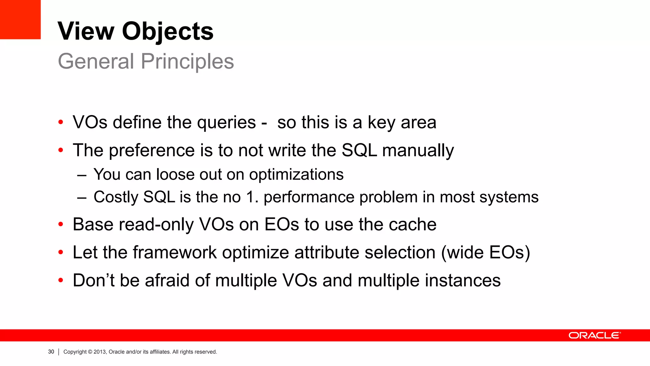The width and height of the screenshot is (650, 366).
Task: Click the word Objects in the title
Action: click(x=168, y=31)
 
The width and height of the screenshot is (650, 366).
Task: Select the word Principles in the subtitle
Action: click(x=187, y=61)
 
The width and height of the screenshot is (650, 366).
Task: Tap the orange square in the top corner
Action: click(x=20, y=19)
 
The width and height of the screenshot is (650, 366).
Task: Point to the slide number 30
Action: click(x=51, y=352)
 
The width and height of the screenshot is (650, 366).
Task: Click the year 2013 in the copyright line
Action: click(x=100, y=352)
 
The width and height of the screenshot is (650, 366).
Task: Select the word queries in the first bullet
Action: click(x=226, y=123)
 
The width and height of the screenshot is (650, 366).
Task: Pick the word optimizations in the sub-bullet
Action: click(x=296, y=174)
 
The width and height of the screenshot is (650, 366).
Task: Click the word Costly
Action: click(x=116, y=197)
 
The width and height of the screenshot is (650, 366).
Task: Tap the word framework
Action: click(x=175, y=253)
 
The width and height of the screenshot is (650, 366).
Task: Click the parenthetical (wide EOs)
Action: click(x=486, y=253)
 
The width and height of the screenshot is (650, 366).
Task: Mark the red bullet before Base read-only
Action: click(x=61, y=225)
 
